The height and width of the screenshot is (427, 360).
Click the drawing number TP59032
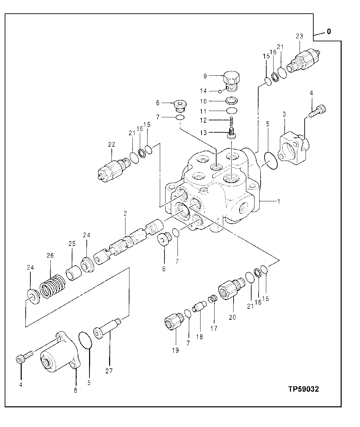303,389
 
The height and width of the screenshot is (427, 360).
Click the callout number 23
299,37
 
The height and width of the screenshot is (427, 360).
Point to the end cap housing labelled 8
58,353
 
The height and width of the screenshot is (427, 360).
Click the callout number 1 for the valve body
279,201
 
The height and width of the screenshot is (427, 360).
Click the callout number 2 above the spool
125,214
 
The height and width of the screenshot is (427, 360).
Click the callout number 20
232,317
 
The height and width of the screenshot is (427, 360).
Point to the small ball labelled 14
220,91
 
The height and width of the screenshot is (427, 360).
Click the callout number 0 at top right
329,32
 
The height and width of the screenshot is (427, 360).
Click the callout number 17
214,328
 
